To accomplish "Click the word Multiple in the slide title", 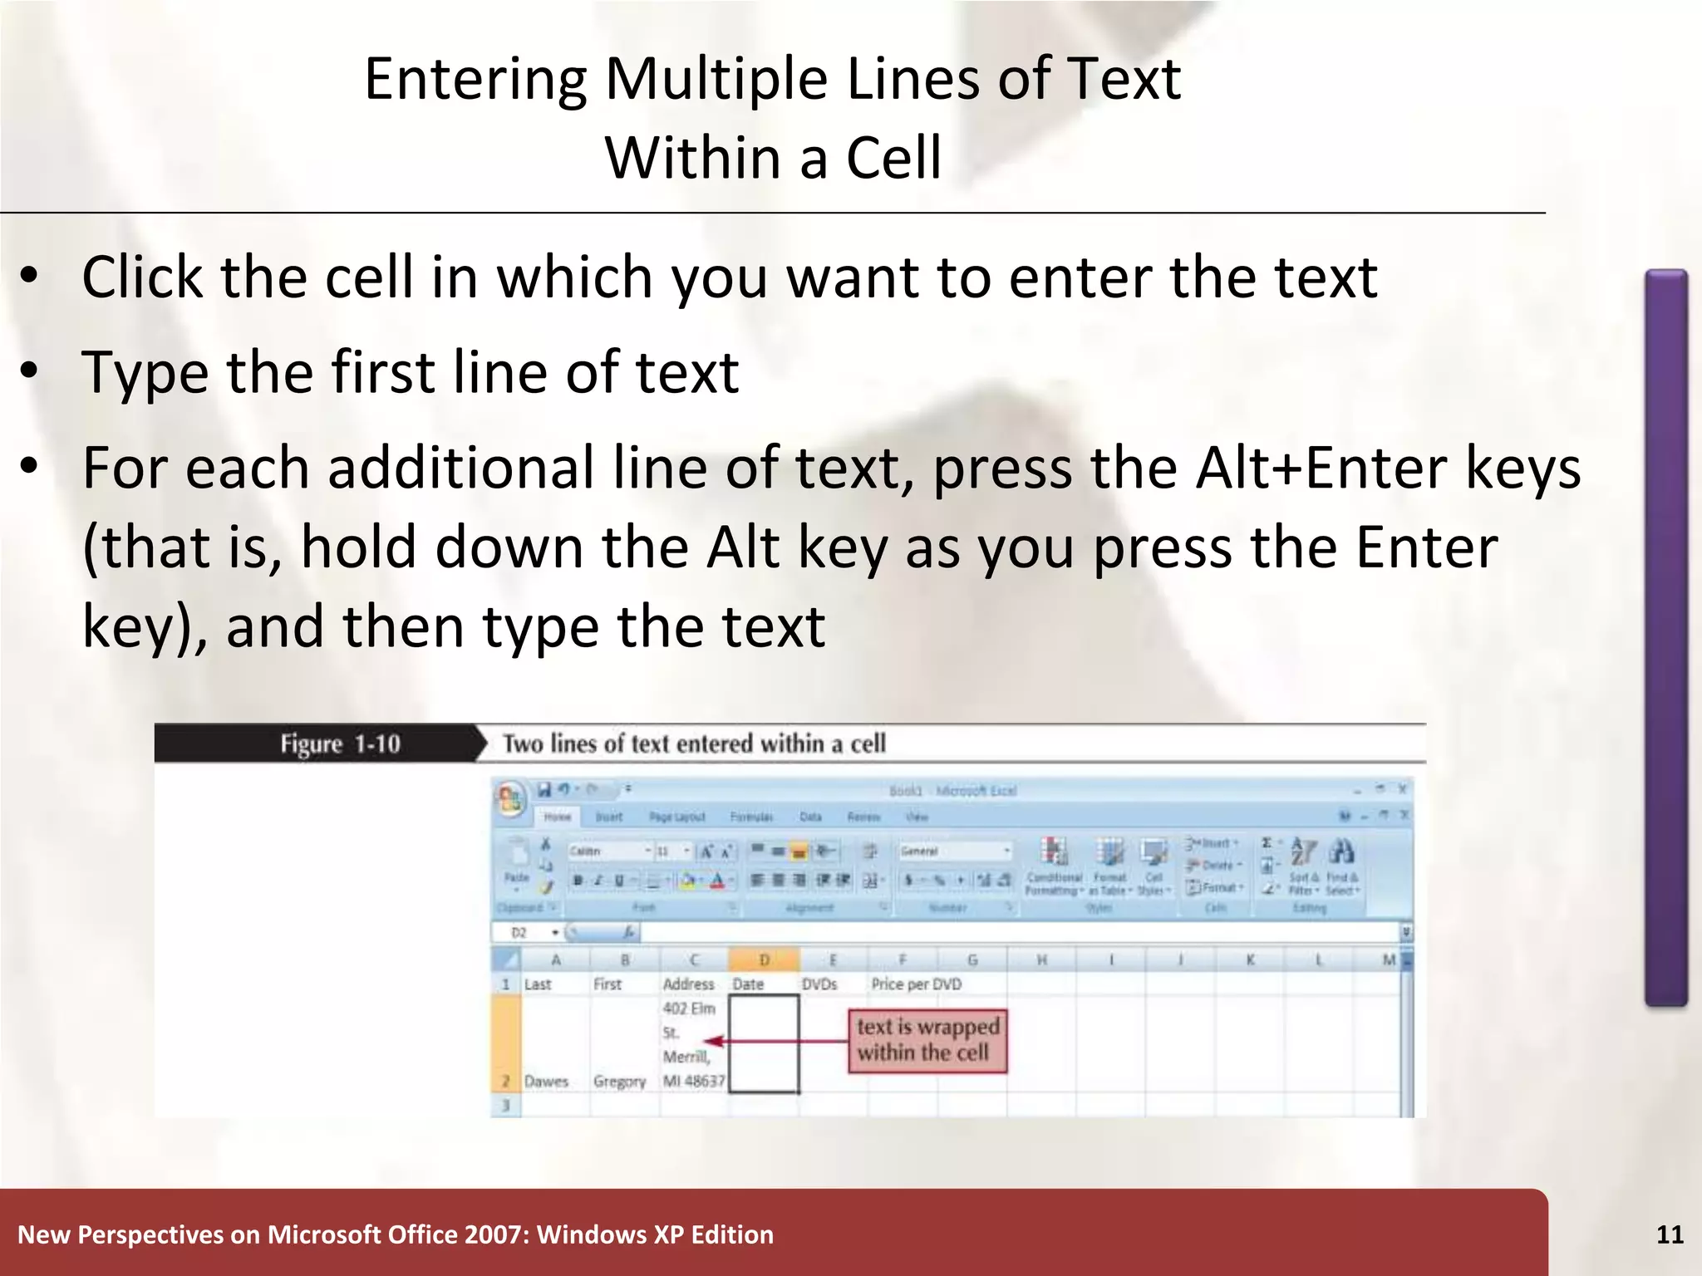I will [716, 79].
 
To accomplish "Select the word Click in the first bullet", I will [141, 277].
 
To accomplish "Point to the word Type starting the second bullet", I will [145, 372].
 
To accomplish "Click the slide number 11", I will [1670, 1234].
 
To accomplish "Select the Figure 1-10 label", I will [340, 744].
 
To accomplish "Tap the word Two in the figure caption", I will [523, 744].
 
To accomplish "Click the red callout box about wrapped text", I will [927, 1040].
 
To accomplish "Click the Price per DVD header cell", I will [916, 984].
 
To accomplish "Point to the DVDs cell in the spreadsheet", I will [819, 984].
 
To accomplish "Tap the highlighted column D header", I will [764, 960].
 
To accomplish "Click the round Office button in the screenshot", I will [509, 799].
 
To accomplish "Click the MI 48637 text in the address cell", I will [693, 1081].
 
